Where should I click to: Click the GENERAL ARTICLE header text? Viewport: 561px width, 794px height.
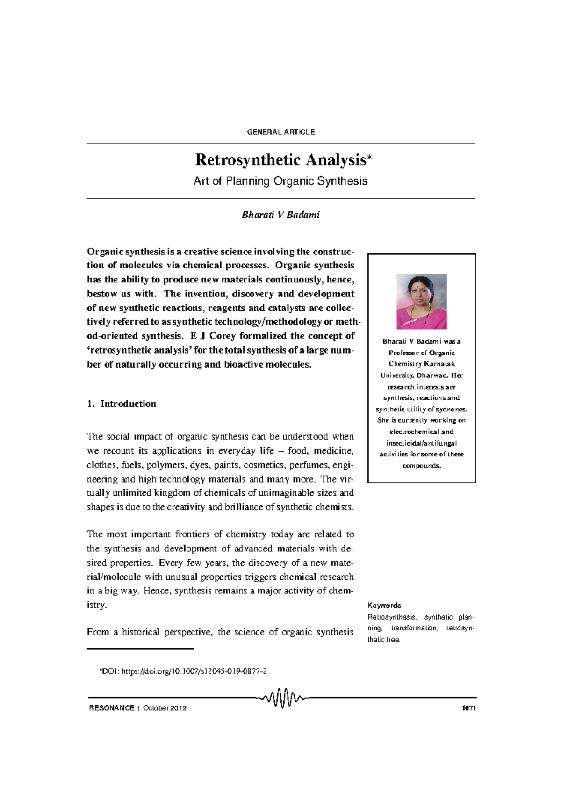[280, 132]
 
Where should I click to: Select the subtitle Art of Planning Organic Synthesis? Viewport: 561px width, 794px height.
[280, 181]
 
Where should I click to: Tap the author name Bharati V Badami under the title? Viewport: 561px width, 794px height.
[280, 215]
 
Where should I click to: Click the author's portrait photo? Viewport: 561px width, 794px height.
[421, 301]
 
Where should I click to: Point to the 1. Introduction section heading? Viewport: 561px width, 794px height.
[122, 404]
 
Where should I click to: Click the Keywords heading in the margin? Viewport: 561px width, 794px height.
[384, 605]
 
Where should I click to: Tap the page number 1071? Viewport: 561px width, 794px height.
[468, 708]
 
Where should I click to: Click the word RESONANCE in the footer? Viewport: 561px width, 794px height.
[111, 708]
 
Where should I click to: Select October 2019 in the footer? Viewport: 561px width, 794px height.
[165, 708]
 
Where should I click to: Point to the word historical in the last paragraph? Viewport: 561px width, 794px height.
[140, 632]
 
